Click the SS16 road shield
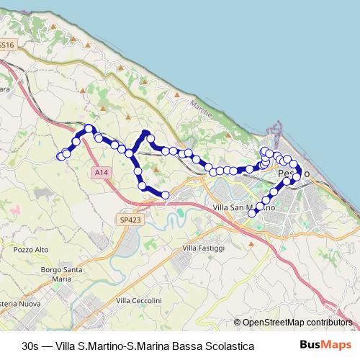tap(6, 45)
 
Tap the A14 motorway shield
tap(102, 173)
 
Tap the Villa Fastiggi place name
tap(204, 248)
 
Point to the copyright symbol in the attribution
tap(238, 323)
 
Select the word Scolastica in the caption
tap(228, 346)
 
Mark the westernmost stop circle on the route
tap(60, 156)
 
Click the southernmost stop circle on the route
tap(252, 212)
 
